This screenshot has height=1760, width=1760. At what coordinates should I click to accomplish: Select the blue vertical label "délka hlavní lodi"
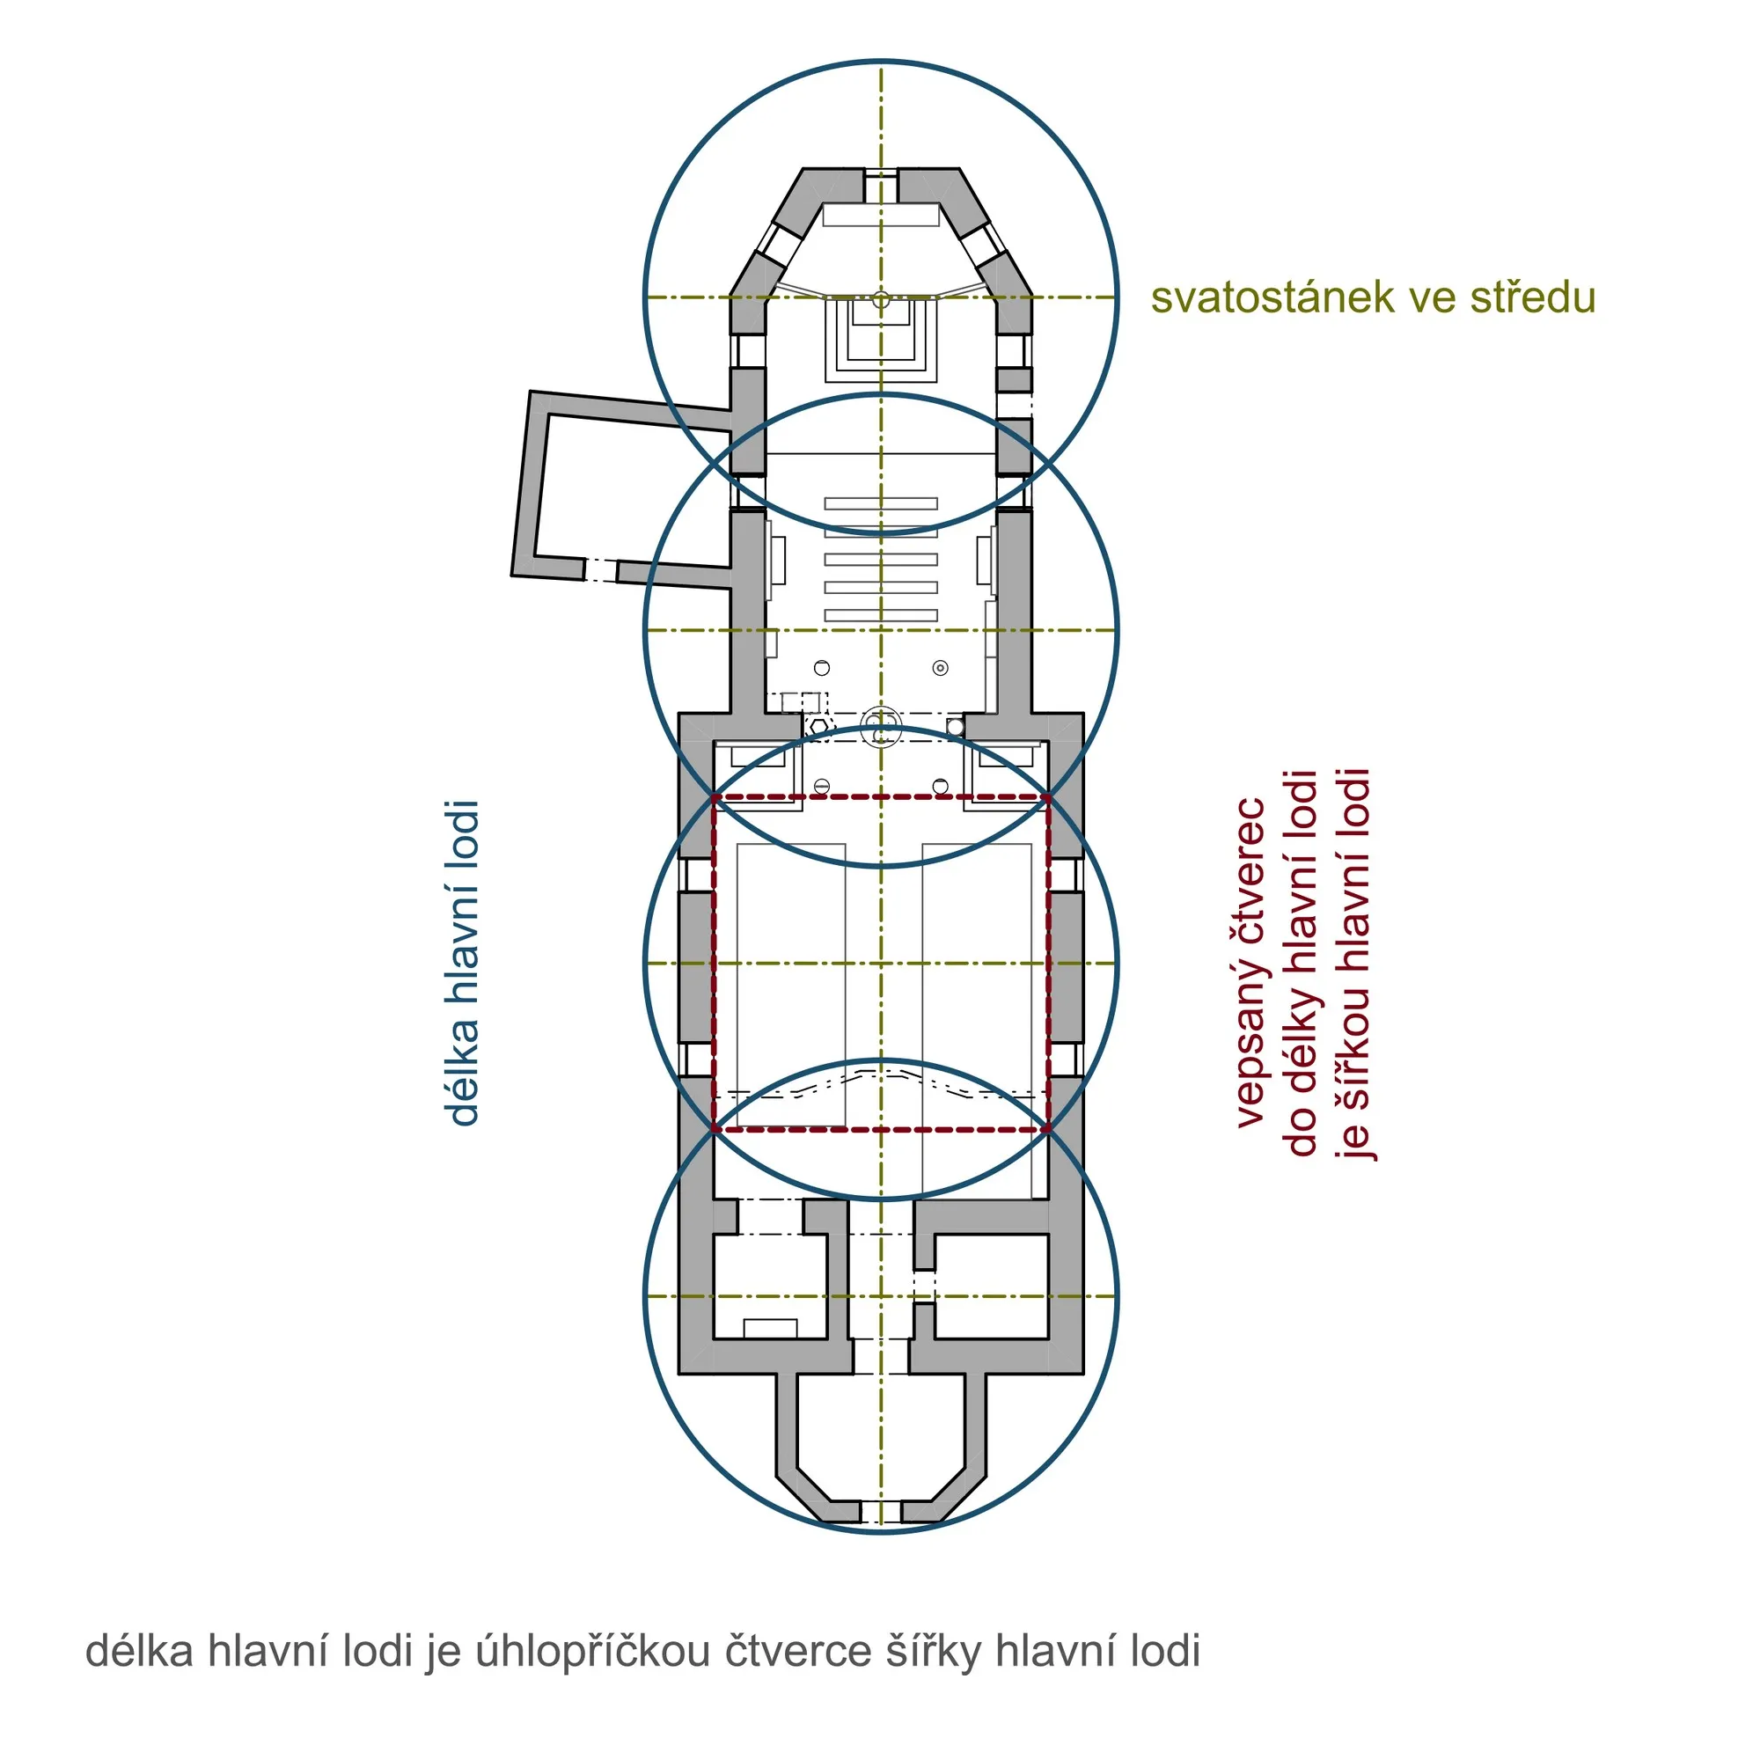pyautogui.click(x=462, y=963)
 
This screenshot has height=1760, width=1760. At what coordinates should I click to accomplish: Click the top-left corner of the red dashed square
pyautogui.click(x=715, y=798)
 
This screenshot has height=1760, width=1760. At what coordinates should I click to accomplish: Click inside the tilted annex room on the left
pyautogui.click(x=628, y=492)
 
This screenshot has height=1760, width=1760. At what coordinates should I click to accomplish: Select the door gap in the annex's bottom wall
pyautogui.click(x=600, y=571)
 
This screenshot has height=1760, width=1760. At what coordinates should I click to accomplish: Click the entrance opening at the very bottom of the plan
pyautogui.click(x=881, y=1511)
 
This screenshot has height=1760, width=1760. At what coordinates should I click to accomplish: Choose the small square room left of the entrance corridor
pyautogui.click(x=770, y=1287)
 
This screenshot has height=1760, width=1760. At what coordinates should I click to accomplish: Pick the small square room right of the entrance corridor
pyautogui.click(x=991, y=1287)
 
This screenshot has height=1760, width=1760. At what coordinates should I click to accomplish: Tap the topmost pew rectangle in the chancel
pyautogui.click(x=881, y=503)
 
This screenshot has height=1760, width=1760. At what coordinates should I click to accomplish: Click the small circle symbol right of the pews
pyautogui.click(x=941, y=668)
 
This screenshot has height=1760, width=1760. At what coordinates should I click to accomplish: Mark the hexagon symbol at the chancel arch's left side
pyautogui.click(x=819, y=726)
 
